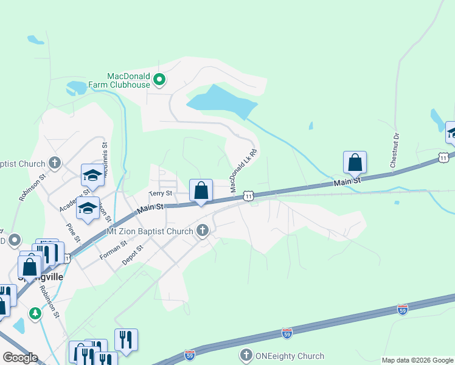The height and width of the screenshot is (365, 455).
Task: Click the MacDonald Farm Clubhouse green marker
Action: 159,79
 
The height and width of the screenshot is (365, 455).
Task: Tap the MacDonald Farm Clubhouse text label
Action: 128,80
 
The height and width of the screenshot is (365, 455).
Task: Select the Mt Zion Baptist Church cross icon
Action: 203,231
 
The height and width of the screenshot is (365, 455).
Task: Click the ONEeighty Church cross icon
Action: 246,354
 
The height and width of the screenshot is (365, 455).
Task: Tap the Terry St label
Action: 161,193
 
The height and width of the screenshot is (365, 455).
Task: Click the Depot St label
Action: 131,254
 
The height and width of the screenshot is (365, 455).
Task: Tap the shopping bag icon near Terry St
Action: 201,191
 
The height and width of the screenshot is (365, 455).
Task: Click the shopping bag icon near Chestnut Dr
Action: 355,162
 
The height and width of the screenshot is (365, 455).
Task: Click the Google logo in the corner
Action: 20,358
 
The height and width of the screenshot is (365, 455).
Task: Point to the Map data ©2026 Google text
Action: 417,360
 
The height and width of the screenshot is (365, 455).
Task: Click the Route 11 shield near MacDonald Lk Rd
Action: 248,195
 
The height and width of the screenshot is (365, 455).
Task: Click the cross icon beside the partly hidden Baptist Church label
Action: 55,163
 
